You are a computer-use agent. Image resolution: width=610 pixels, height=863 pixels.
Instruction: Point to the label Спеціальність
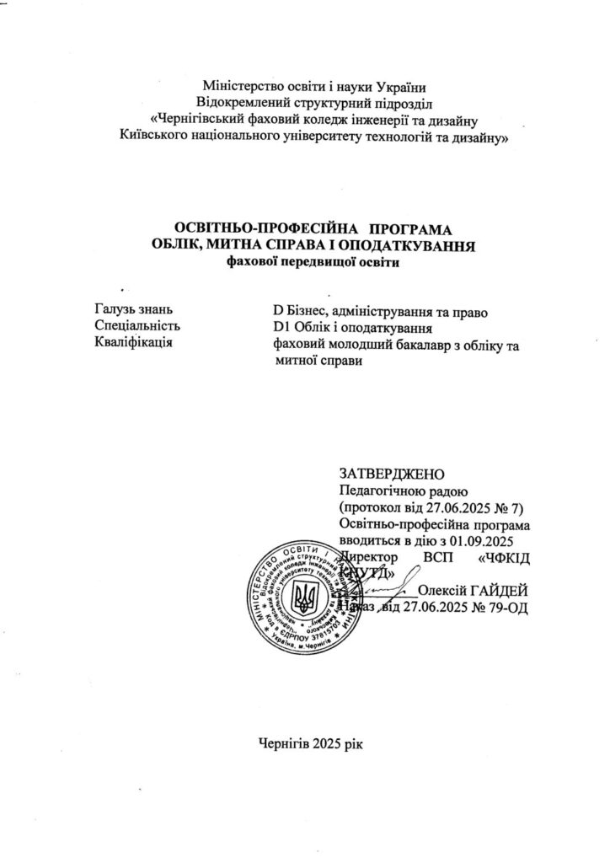pos(139,327)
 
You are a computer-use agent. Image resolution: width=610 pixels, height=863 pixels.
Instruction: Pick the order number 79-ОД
pos(508,608)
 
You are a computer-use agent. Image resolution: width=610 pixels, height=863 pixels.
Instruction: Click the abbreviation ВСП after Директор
pos(440,557)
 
